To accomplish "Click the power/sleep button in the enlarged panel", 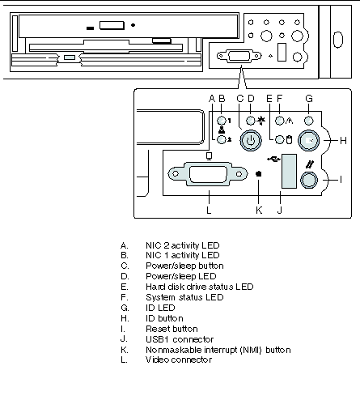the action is pos(251,140).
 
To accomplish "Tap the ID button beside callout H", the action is pos(309,140).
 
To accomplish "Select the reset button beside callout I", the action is pos(309,180).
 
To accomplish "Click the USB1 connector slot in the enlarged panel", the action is pos(289,172).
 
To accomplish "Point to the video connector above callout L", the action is pos(208,174).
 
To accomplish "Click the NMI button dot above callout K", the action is pos(259,174).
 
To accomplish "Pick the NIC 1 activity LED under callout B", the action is pos(222,121).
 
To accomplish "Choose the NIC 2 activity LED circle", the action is pos(222,140).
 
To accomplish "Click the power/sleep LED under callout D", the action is pos(251,121).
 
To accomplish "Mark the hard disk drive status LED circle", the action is pos(280,140).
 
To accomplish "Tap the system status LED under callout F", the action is pos(280,121).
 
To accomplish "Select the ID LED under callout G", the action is pos(309,121).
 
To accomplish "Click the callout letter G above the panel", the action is pos(309,99).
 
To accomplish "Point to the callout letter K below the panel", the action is pos(259,210).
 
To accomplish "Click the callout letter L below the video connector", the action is pos(209,210).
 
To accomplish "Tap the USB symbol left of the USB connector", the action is pos(273,160).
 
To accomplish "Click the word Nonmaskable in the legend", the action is pos(173,350).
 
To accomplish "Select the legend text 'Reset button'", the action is pos(172,329).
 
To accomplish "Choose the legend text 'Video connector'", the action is pos(179,360).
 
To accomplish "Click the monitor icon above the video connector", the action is pos(210,156).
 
